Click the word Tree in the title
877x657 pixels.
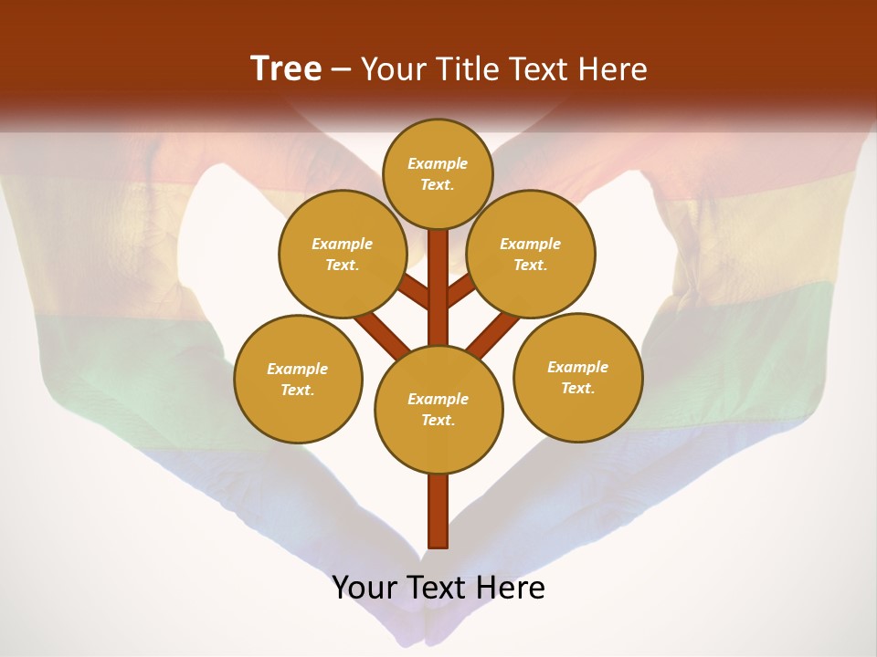(x=286, y=68)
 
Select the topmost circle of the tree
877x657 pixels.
(x=438, y=173)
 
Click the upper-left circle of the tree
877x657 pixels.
(x=342, y=254)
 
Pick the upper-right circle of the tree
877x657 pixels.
(x=531, y=254)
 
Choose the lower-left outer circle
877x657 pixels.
(x=298, y=379)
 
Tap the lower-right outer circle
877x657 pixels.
(x=577, y=377)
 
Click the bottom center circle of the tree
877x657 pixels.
(x=438, y=410)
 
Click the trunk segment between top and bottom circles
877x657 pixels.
(x=438, y=287)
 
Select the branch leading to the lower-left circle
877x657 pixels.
(x=382, y=334)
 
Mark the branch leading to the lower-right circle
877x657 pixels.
(x=493, y=334)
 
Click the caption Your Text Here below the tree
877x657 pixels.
(x=438, y=588)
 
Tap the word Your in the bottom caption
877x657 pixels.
(x=365, y=588)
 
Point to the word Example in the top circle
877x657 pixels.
(x=438, y=163)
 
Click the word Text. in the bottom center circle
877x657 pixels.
(x=438, y=420)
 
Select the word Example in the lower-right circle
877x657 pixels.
(x=577, y=367)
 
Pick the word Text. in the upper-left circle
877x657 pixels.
(x=342, y=265)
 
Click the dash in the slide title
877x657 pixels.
(x=342, y=69)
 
